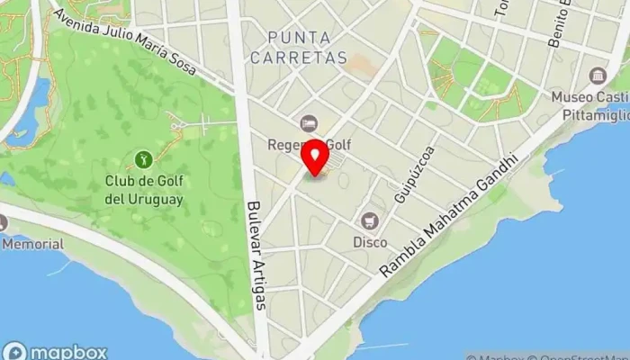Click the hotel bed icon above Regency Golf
(x=308, y=123)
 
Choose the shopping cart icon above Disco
(x=370, y=220)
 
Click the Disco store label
(x=370, y=242)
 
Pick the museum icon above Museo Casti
(x=597, y=76)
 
